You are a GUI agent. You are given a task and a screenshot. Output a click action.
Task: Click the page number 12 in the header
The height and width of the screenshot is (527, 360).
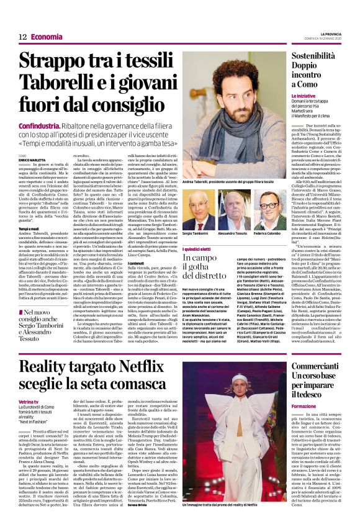pos(22,37)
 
